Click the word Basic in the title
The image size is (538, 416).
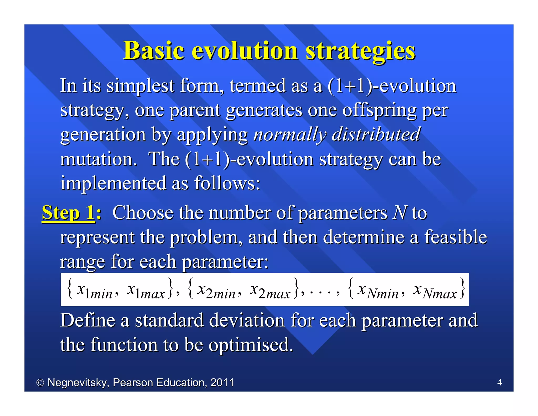(154, 50)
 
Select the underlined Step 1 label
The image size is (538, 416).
(68, 212)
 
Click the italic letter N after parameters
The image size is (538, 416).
(400, 212)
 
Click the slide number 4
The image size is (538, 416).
(499, 382)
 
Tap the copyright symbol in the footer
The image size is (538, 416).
(40, 383)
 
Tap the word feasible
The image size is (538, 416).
(456, 237)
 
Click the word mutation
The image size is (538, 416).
(99, 159)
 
